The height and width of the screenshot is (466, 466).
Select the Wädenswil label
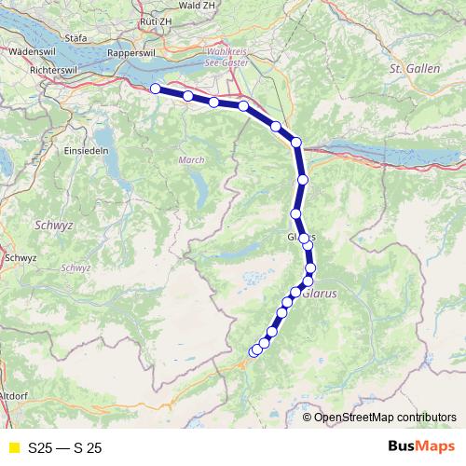(27, 54)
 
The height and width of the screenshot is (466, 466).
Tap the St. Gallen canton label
(408, 69)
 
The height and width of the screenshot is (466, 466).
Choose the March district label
(190, 160)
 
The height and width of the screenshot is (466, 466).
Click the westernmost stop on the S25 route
(156, 89)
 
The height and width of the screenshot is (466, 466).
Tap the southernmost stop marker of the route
(254, 351)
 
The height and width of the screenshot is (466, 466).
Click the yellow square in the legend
(13, 448)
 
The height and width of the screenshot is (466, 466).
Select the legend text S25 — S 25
(65, 448)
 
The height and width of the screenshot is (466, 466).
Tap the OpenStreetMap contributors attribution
(385, 417)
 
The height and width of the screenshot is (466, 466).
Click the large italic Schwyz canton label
(47, 226)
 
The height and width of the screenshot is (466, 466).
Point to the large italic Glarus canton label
(329, 291)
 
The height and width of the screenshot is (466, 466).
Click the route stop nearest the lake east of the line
(296, 142)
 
